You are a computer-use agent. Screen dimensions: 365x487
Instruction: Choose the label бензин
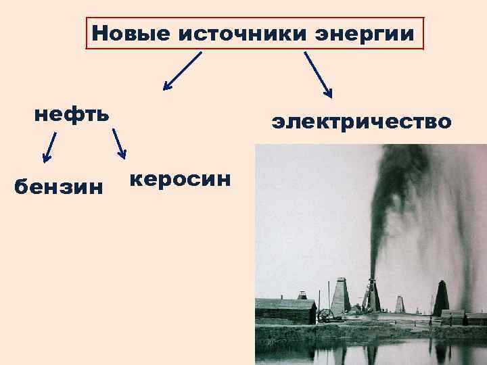click(59, 185)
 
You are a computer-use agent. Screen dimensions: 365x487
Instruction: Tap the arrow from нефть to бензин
click(49, 148)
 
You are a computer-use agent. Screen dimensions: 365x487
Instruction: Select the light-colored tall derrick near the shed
click(340, 296)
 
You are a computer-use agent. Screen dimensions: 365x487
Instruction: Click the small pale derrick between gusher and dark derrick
click(400, 304)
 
